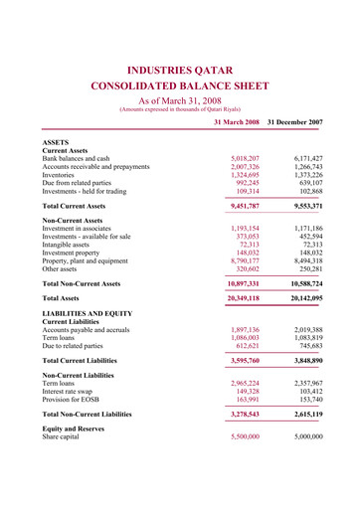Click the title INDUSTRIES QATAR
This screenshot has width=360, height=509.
tap(179, 71)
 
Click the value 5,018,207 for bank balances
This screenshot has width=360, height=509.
tap(245, 157)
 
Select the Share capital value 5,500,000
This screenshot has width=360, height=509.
tap(245, 492)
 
